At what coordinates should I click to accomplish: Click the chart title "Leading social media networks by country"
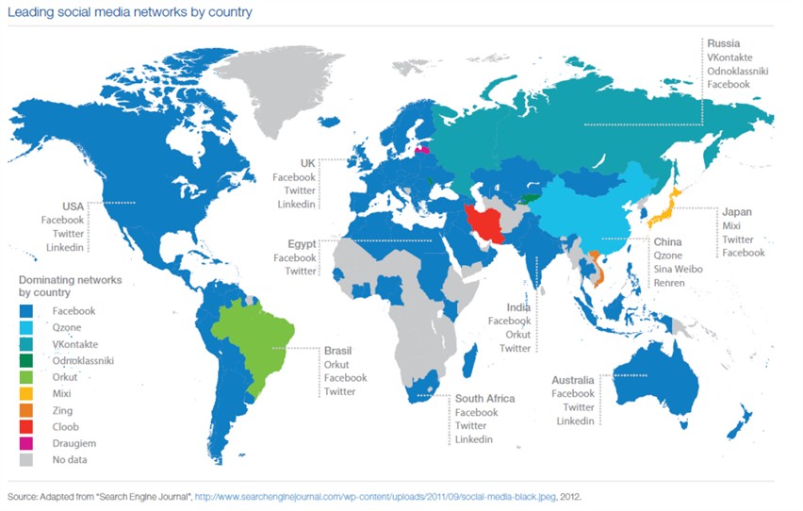(x=130, y=12)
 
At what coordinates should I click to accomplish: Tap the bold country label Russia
(x=724, y=42)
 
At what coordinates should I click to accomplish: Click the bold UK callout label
(x=307, y=162)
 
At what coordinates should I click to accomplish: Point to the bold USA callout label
(x=73, y=206)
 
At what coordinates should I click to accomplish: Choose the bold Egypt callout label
(x=301, y=243)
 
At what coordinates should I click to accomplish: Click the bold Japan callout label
(x=736, y=212)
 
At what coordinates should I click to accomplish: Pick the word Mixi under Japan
(x=730, y=226)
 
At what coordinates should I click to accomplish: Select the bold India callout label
(x=519, y=307)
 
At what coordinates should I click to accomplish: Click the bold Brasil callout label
(x=339, y=349)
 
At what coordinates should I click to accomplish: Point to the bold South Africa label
(x=484, y=399)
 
